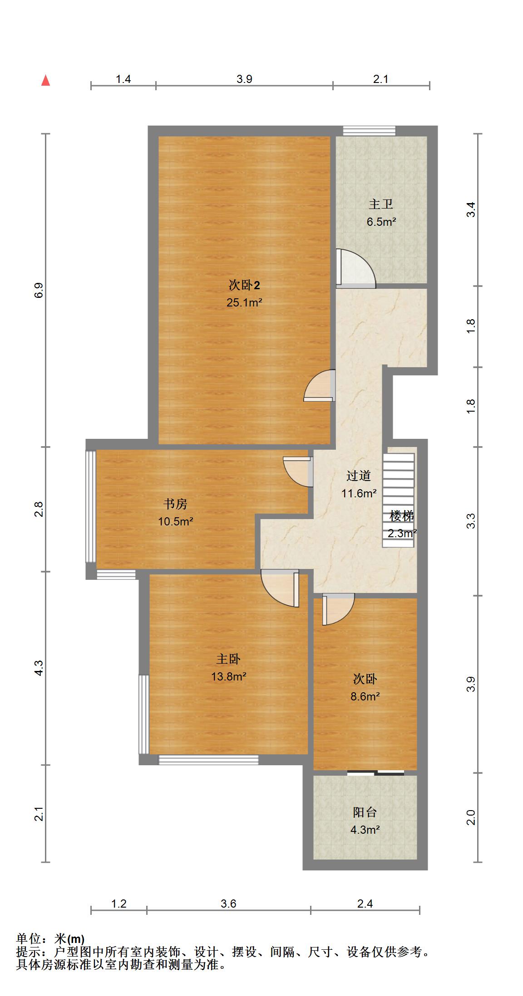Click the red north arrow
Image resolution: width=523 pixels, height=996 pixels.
45,80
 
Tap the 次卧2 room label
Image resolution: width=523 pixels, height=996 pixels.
244,285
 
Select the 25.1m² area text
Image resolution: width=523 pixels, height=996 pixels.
244,302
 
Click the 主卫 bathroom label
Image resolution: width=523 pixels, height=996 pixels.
380,204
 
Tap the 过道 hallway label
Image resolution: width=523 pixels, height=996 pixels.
359,476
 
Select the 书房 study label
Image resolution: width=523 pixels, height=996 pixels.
175,504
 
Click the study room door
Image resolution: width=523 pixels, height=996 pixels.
298,471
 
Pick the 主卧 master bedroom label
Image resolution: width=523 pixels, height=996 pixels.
228,659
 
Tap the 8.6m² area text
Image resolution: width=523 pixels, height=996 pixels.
365,696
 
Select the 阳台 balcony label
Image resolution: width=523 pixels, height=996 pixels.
365,812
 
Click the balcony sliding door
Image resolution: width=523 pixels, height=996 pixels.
375,773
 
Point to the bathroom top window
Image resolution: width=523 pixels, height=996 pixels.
369,131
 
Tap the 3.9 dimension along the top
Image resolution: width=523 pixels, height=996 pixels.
244,79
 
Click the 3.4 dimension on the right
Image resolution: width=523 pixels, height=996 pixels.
471,209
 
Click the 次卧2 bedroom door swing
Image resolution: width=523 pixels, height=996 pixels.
320,385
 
